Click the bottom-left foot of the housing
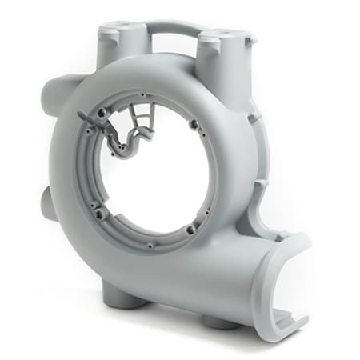tap(124, 300)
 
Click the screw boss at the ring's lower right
tap(190, 230)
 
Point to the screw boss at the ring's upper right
tap(193, 123)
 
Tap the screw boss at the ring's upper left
tap(101, 114)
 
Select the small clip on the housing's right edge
tap(258, 186)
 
